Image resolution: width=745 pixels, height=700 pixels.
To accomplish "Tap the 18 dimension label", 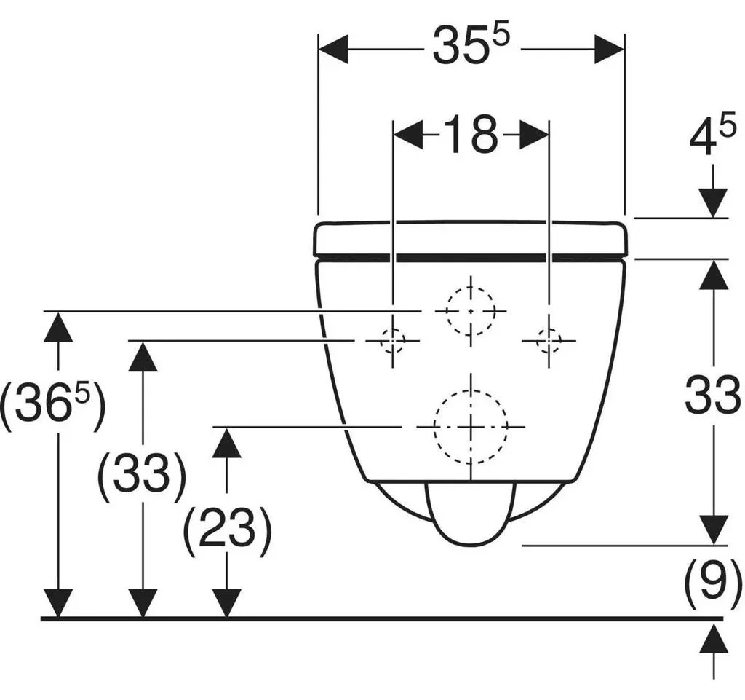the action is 471,133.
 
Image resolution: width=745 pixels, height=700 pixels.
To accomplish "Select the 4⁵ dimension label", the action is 713,135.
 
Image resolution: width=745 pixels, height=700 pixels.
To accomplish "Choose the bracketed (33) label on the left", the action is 142,473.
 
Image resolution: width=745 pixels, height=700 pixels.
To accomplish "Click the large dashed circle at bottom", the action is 471,390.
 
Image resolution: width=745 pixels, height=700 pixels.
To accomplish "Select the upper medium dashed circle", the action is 471,288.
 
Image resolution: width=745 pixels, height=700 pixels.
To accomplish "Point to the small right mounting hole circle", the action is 549,329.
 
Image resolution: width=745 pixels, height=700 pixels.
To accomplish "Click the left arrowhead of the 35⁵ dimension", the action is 333,49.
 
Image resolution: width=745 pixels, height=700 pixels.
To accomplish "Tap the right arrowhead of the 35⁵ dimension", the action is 609,49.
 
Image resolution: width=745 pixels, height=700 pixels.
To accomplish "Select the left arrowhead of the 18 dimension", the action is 408,135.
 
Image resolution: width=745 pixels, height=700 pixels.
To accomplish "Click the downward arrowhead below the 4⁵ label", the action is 713,203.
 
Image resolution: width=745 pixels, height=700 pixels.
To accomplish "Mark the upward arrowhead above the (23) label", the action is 227,442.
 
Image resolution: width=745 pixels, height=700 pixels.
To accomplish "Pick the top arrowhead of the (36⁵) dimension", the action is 58,327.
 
